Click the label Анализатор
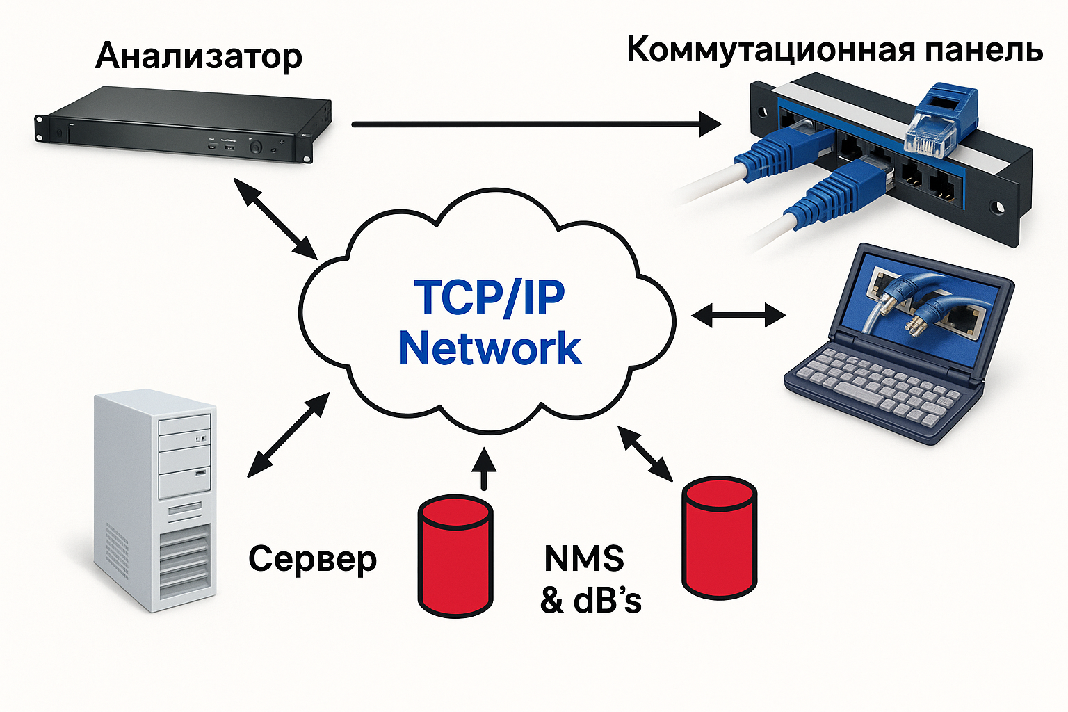point(199,56)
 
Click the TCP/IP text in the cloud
point(489,298)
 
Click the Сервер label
point(312,559)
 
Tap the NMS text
point(584,558)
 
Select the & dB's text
point(590,600)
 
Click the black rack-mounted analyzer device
point(182,125)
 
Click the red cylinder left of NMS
point(455,556)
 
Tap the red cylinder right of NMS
point(719,537)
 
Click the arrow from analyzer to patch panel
point(535,124)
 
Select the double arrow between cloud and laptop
point(738,315)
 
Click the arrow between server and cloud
point(289,434)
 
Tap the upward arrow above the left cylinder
point(485,470)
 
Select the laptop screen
point(921,303)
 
